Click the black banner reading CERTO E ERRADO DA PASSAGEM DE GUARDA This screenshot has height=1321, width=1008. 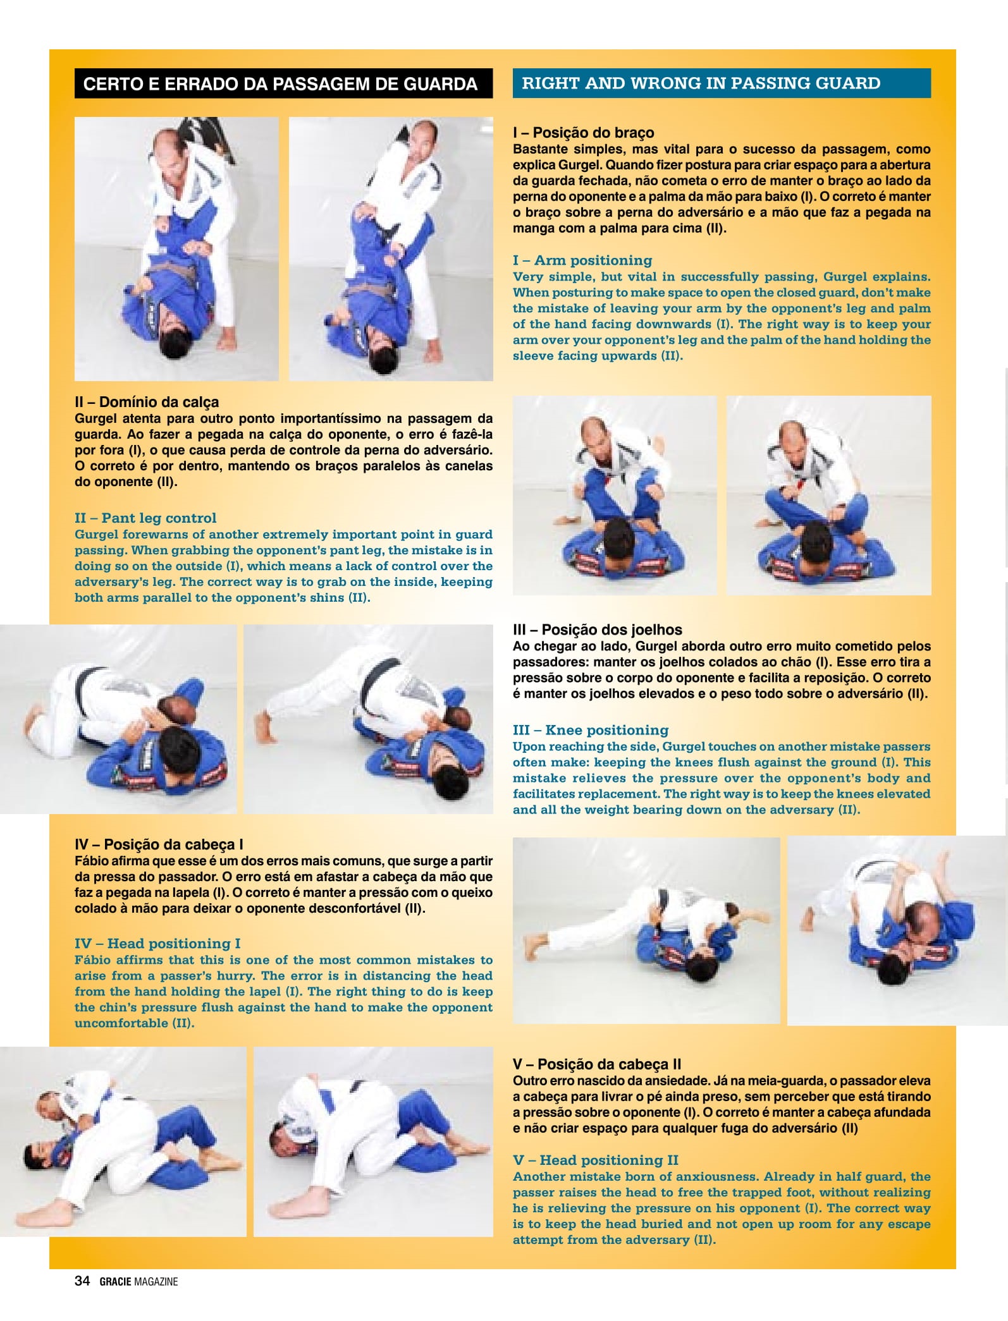283,83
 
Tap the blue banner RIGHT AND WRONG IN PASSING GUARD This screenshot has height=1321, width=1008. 722,83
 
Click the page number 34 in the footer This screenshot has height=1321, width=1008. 82,1281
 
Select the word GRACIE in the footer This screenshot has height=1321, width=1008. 116,1282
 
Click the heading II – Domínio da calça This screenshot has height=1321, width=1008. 147,402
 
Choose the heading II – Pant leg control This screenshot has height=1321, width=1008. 145,518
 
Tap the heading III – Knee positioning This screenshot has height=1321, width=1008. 591,731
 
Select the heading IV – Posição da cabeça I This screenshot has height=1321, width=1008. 159,844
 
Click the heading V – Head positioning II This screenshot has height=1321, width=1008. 596,1160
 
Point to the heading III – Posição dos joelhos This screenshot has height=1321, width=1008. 598,630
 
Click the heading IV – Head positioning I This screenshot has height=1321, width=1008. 157,944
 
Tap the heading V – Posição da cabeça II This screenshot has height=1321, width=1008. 597,1064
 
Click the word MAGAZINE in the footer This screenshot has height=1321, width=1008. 156,1282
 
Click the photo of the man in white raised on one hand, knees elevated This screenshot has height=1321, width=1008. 368,719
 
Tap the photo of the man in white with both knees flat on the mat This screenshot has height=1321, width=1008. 118,719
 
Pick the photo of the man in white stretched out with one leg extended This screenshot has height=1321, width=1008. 646,930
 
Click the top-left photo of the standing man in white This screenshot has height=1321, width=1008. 176,249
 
